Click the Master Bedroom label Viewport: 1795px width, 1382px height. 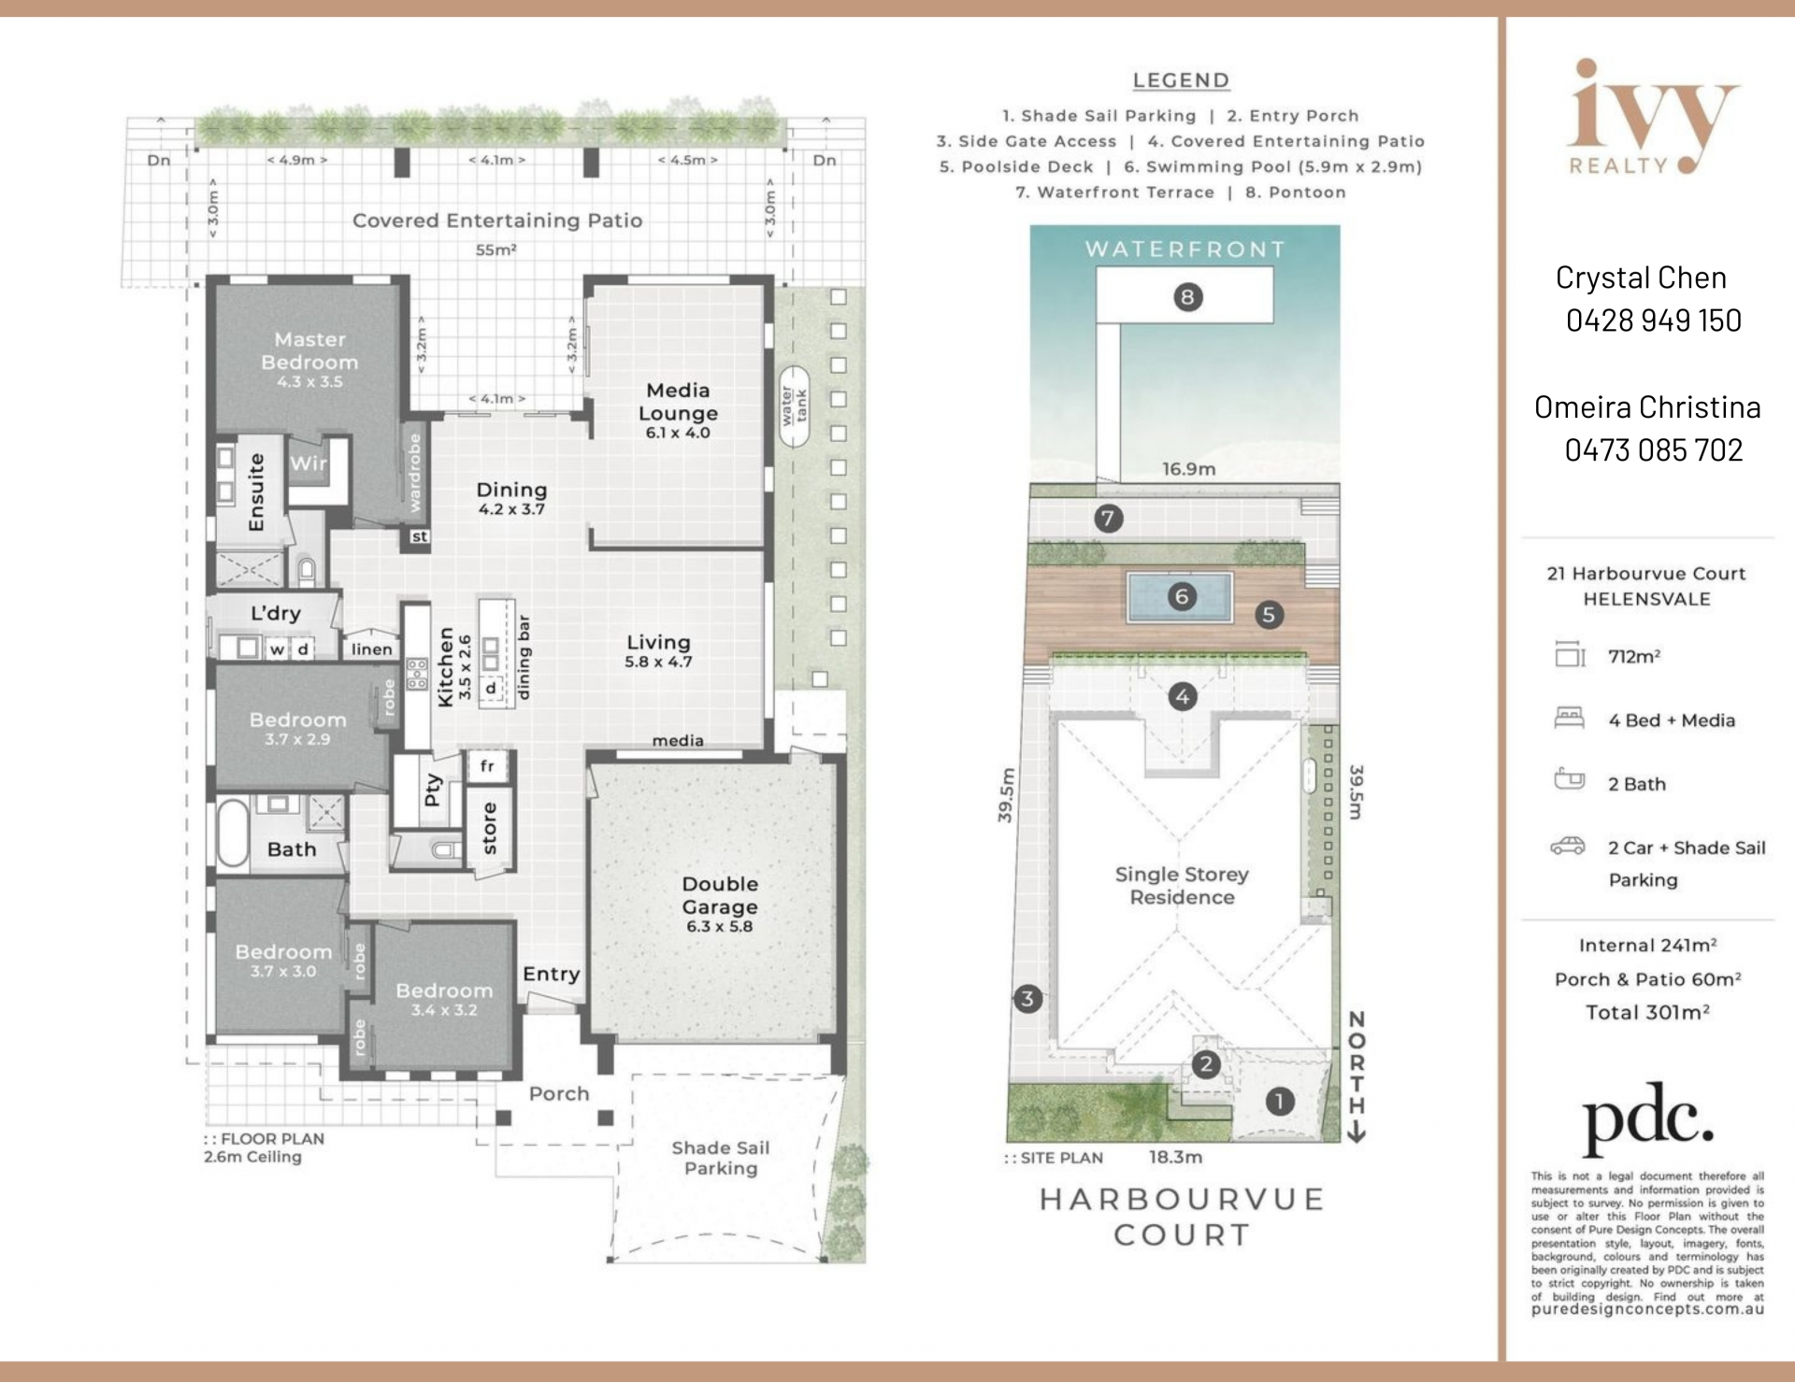309,350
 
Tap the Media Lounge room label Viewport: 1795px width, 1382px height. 678,402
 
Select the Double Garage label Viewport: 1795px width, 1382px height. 719,895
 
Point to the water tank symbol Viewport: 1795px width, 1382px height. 794,406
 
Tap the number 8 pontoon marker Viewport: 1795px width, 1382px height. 1187,297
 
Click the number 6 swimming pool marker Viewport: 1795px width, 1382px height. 1182,596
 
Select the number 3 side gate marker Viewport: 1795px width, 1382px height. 1027,999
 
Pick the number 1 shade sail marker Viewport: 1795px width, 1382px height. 1279,1102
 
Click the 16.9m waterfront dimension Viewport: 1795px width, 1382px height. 1188,469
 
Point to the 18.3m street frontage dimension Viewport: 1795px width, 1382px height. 1175,1157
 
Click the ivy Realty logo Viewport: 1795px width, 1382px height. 1651,117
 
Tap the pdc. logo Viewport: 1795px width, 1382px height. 1647,1118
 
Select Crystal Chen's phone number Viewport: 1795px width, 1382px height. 1653,321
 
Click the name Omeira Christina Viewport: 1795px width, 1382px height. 1647,406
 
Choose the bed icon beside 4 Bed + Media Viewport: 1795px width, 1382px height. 1569,718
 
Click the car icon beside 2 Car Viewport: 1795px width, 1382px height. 1568,846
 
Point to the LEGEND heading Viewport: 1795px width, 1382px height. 1181,80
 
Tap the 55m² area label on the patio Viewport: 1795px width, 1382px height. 496,249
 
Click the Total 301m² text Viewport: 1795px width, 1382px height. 1647,1012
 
